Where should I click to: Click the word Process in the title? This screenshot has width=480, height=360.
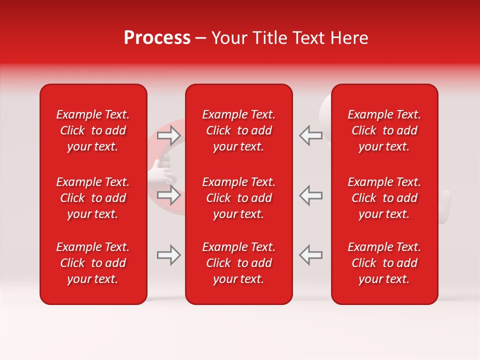point(157,38)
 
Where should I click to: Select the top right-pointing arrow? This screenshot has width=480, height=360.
point(168,135)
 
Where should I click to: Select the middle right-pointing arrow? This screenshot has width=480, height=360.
point(168,195)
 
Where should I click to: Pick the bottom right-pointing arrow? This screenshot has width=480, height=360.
point(168,255)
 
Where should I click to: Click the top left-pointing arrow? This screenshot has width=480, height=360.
point(310,135)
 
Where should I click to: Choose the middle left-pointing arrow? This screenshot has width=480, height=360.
point(310,195)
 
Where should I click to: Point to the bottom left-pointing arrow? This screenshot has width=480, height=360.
point(310,254)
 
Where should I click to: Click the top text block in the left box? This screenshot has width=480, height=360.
point(93,130)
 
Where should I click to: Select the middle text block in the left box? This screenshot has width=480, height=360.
point(93,198)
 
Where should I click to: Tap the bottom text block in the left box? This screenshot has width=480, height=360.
point(93,263)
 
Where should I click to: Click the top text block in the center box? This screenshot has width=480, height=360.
point(238,130)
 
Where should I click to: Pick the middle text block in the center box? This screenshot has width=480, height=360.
point(238,198)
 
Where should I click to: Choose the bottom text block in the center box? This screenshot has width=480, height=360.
point(238,263)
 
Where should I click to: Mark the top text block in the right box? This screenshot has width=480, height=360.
point(384,130)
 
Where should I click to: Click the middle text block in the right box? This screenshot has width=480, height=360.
point(384,198)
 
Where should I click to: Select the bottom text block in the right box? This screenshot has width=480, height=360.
point(384,263)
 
